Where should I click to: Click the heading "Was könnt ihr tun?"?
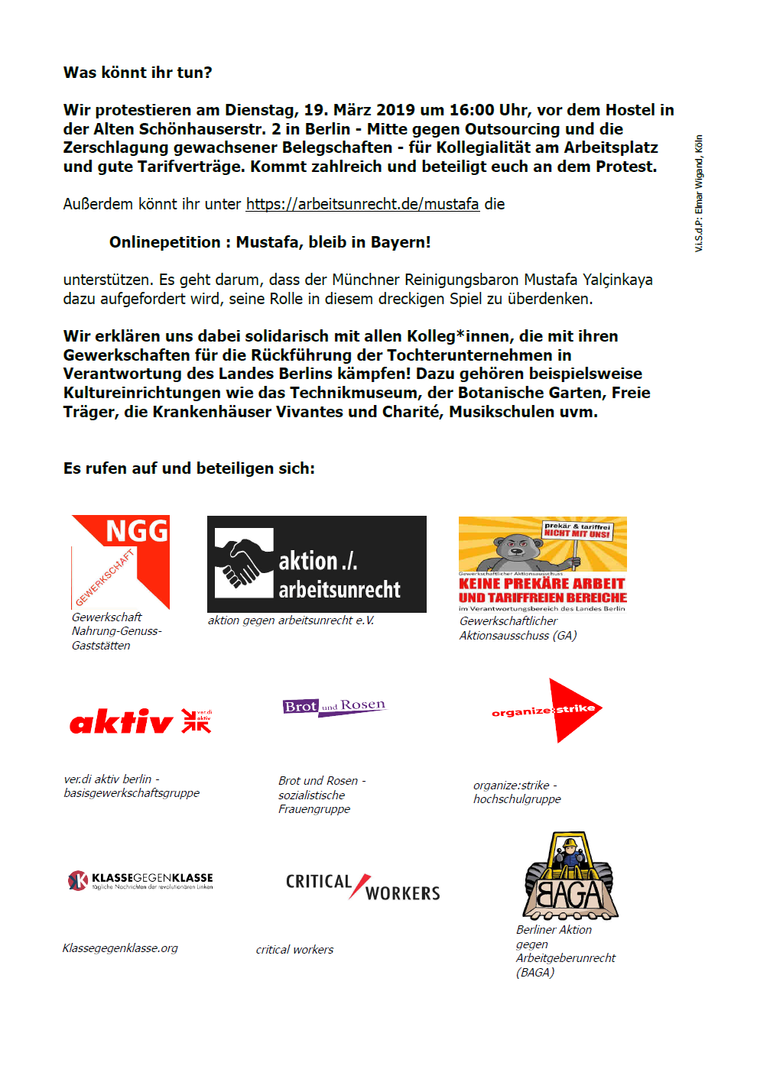138,73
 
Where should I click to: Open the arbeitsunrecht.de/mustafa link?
362,204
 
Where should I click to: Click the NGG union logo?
121,561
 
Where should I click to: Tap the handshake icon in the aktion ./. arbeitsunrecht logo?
244,563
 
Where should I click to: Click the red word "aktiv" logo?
122,721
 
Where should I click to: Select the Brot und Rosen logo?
334,706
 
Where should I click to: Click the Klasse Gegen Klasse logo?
141,880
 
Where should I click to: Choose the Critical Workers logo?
362,887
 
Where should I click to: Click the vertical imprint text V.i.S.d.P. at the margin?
699,194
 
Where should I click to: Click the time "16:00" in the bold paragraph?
473,110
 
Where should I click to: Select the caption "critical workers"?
294,950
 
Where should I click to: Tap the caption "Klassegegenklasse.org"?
120,948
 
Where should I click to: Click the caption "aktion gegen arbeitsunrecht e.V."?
291,620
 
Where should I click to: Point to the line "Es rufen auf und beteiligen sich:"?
189,468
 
